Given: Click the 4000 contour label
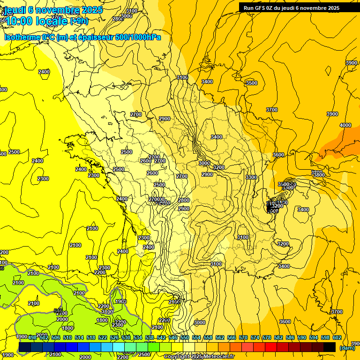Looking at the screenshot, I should [x=345, y=125].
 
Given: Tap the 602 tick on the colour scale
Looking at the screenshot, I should [x=337, y=337].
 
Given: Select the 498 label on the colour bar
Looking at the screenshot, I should [x=32, y=337].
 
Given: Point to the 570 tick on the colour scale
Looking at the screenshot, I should [x=243, y=337].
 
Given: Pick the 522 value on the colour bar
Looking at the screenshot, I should [x=103, y=337].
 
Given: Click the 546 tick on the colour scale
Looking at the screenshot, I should [x=173, y=337].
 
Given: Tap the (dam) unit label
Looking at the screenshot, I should [x=347, y=348].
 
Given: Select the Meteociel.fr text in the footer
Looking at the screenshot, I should [x=218, y=357].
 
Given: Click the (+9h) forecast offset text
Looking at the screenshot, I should [x=78, y=21].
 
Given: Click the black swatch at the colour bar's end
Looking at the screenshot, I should [x=330, y=347].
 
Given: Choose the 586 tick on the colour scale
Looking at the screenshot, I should [x=290, y=337].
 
